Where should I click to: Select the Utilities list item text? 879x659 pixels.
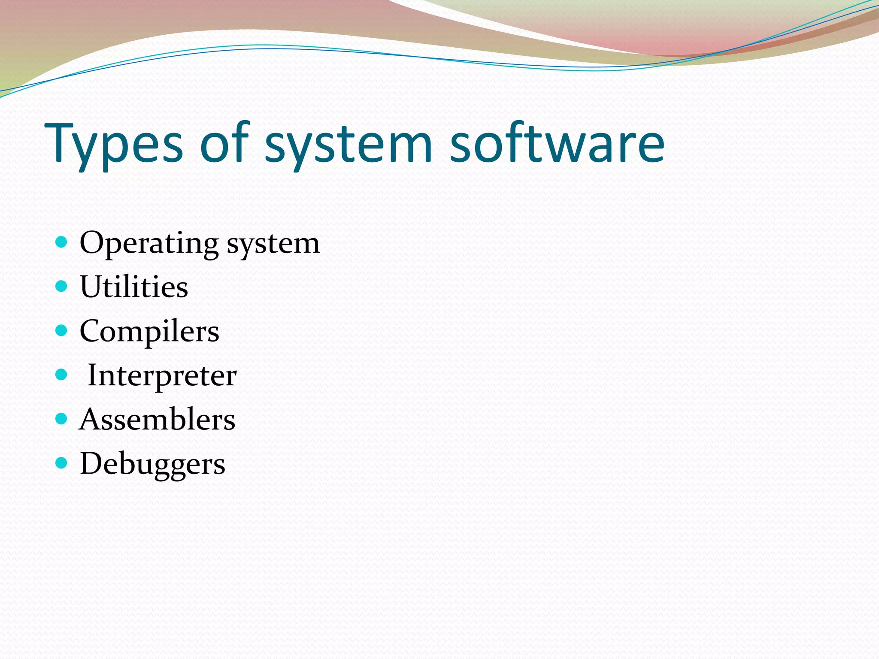click(x=134, y=287)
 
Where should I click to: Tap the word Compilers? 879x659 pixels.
click(x=149, y=331)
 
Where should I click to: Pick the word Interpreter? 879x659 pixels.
click(x=162, y=375)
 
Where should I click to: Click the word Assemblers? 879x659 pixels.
click(x=157, y=420)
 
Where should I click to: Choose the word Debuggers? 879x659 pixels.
click(x=152, y=464)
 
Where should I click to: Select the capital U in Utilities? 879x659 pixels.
click(x=91, y=286)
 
